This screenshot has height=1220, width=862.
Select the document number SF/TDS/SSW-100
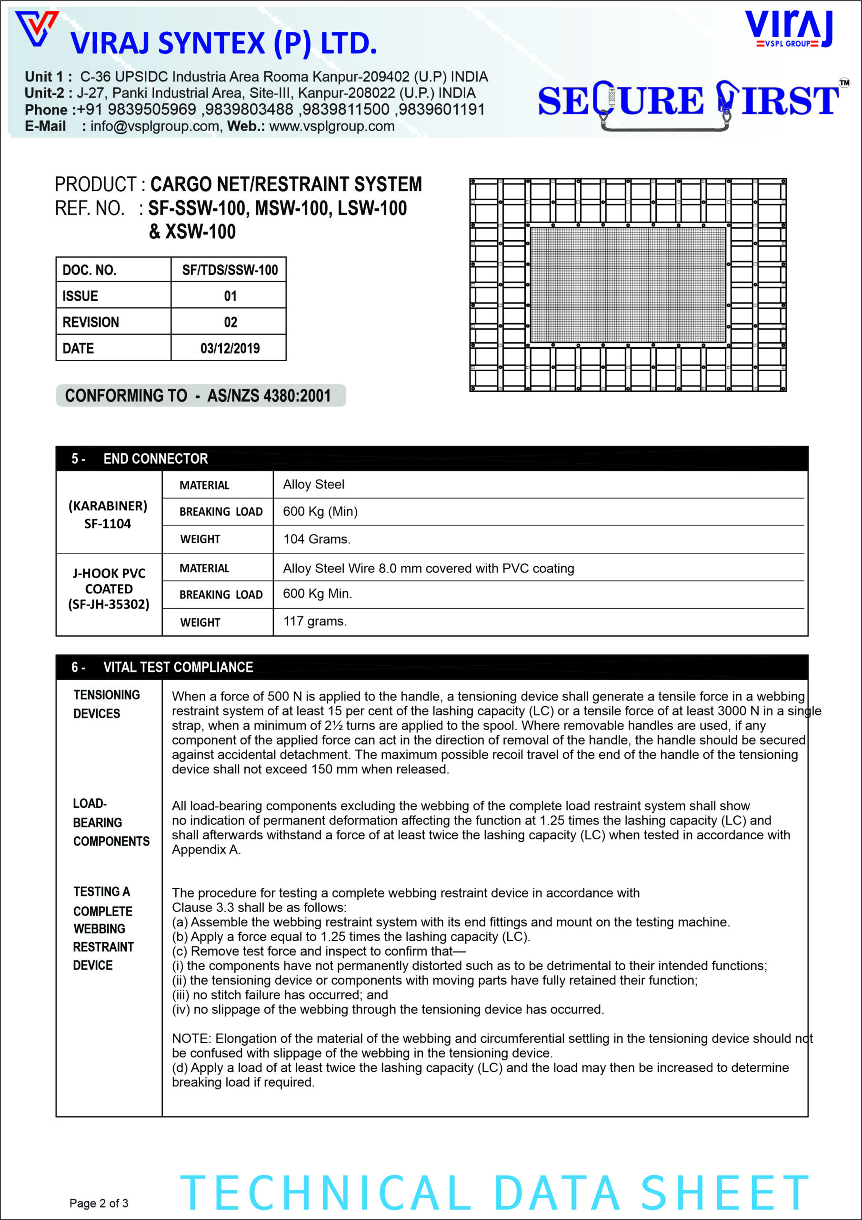(x=230, y=270)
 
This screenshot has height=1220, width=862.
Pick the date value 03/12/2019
(x=230, y=348)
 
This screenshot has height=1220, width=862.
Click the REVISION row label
(x=91, y=322)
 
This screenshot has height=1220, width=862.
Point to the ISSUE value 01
(x=230, y=296)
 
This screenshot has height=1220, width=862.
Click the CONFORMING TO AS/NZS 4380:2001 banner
(x=201, y=396)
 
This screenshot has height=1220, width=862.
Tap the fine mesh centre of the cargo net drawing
(x=628, y=285)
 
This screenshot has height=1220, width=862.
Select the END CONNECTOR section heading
(x=155, y=458)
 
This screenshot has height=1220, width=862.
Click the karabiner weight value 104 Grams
(x=317, y=539)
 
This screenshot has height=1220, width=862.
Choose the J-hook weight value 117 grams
(x=314, y=621)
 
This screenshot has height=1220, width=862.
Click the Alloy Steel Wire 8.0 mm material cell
(x=428, y=569)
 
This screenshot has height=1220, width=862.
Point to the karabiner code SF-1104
(x=107, y=524)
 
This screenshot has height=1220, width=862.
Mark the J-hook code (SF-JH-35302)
(x=109, y=605)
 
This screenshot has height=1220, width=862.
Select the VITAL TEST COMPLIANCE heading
(x=178, y=667)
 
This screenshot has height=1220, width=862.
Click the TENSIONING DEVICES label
(x=106, y=704)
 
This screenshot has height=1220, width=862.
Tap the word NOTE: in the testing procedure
(x=192, y=1038)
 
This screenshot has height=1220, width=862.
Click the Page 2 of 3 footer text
(x=99, y=1203)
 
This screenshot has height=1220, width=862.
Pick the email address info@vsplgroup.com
(x=154, y=126)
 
